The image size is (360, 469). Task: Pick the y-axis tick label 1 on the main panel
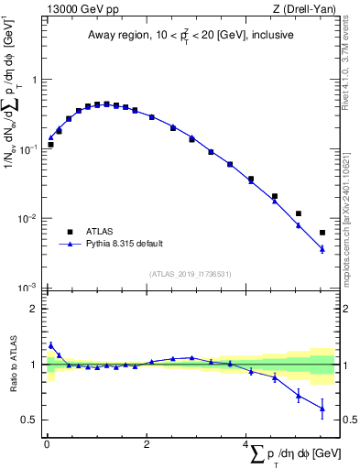(33, 80)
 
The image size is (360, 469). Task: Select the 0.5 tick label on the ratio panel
(29, 420)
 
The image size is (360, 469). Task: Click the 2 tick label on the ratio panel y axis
(33, 309)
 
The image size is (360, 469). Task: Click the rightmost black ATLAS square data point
(322, 233)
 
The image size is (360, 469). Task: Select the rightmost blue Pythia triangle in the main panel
(322, 248)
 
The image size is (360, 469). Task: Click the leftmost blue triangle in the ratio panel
(50, 345)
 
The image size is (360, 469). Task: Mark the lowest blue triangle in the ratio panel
(322, 409)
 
